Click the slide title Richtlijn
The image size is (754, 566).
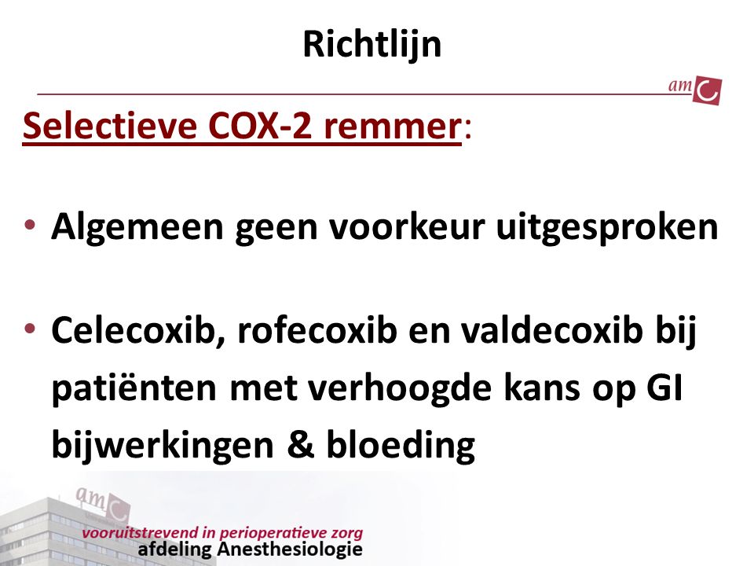pos(372,45)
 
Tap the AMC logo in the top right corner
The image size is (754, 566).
pos(695,90)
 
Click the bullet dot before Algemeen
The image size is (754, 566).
pos(30,224)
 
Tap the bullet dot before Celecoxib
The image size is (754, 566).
pos(30,329)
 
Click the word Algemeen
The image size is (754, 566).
pos(137,227)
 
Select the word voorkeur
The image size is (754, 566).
pos(407,226)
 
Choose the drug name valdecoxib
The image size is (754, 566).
pos(552,331)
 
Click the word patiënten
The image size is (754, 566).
pos(134,389)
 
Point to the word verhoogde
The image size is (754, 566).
pos(400,389)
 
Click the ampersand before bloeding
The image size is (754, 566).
pos(301,443)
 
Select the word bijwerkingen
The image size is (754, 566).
pos(163,446)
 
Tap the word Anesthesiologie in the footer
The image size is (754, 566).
pos(290,549)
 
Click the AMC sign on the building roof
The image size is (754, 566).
pos(102,503)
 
